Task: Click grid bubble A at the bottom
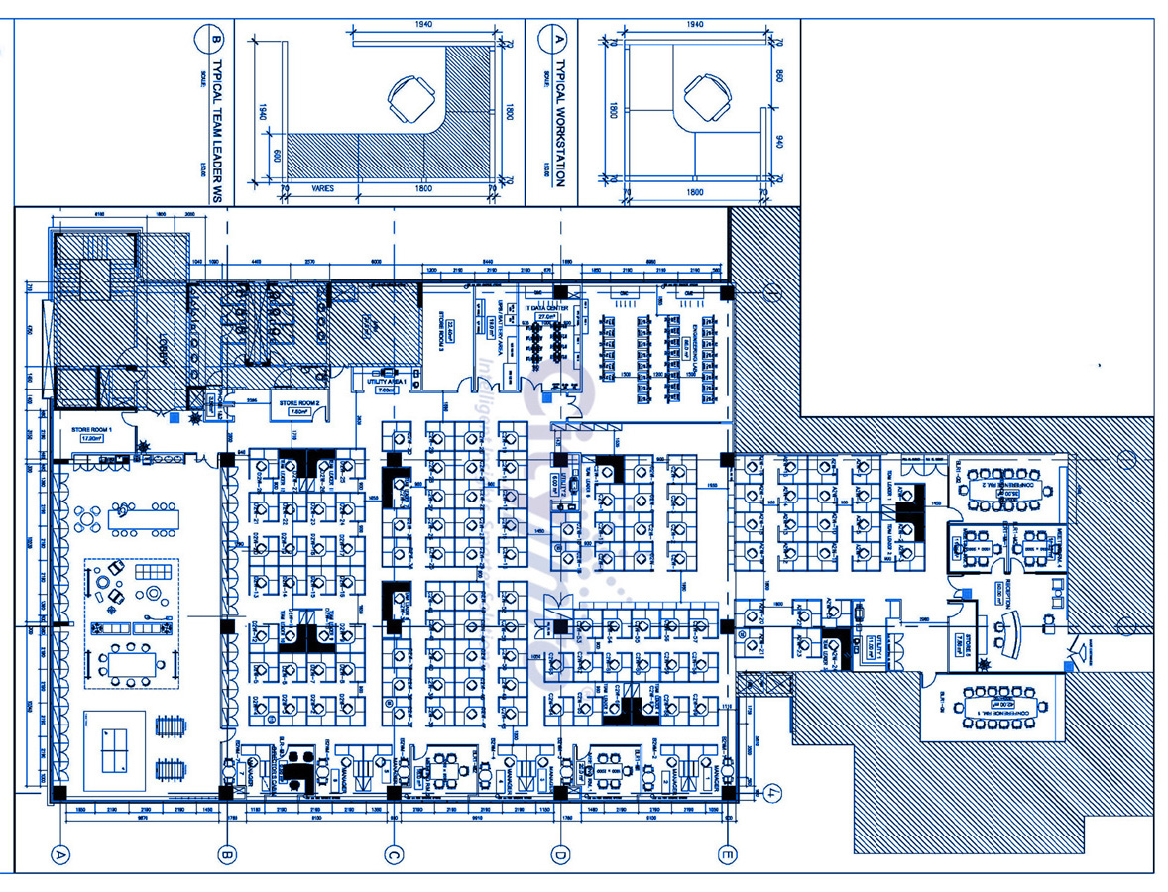pos(61,853)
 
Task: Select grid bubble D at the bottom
pos(561,853)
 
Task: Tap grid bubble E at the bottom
pos(729,853)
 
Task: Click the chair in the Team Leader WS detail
pos(409,99)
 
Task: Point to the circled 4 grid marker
pos(772,792)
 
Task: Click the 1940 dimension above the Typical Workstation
pos(694,24)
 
